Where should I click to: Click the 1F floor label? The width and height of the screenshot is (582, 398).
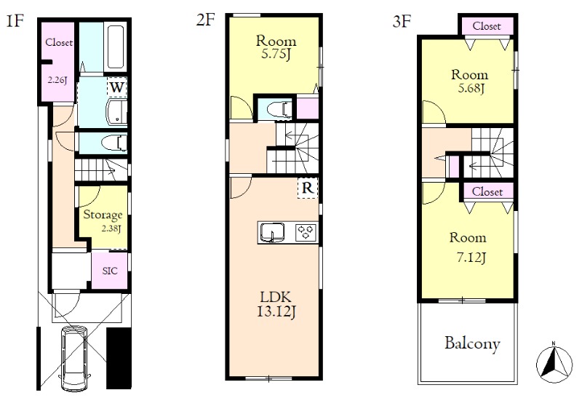(x=15, y=22)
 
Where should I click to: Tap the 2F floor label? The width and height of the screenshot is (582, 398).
(x=206, y=20)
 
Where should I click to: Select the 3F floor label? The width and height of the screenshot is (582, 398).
(x=402, y=22)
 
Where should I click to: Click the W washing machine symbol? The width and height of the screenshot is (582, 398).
(x=117, y=87)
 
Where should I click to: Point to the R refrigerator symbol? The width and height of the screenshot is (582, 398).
(x=308, y=188)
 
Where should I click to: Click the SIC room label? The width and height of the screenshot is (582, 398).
(x=110, y=271)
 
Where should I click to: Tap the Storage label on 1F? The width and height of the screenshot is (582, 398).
(x=103, y=215)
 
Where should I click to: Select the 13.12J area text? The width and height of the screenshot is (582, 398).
(x=276, y=312)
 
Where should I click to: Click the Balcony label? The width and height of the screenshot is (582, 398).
(x=472, y=343)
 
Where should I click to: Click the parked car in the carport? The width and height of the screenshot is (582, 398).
(x=74, y=358)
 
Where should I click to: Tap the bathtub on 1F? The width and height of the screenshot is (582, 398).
(x=116, y=47)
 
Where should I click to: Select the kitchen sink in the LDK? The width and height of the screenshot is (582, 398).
(x=272, y=233)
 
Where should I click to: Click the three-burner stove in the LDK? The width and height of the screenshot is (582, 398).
(x=306, y=233)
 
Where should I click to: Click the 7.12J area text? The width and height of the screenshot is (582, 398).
(x=471, y=257)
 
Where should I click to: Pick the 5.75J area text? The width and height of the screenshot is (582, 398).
(x=276, y=54)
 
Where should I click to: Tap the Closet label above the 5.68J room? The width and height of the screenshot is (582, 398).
(x=487, y=26)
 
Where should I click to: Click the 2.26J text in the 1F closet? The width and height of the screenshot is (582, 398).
(x=57, y=79)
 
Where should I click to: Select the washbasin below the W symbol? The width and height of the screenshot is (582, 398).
(x=116, y=111)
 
